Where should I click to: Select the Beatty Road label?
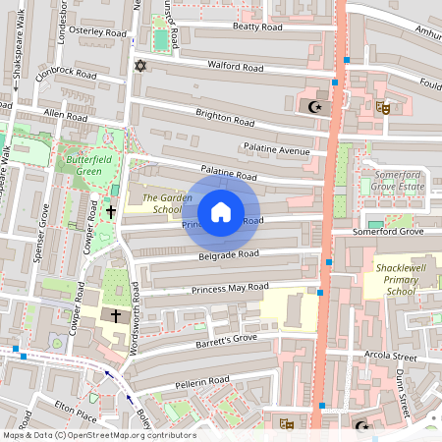(231, 29)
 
